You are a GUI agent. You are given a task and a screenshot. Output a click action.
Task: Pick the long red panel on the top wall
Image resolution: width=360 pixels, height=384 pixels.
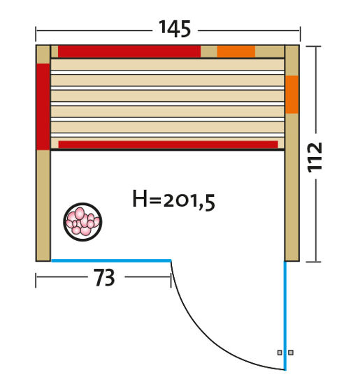(129, 52)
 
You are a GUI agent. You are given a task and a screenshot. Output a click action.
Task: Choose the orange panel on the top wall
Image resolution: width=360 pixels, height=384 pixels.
(236, 52)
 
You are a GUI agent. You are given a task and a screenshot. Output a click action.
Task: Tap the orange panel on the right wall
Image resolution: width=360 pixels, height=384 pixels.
(291, 94)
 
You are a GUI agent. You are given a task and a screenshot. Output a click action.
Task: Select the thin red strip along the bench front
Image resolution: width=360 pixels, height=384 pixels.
(168, 145)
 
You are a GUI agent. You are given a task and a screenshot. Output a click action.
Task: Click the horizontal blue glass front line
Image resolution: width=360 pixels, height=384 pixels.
(112, 260)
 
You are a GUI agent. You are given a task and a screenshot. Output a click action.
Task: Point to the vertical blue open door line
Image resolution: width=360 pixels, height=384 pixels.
(285, 314)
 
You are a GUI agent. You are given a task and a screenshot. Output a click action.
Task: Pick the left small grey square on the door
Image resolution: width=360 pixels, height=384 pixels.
(280, 353)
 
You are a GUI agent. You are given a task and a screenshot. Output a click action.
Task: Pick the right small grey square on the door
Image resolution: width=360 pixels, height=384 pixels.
(291, 353)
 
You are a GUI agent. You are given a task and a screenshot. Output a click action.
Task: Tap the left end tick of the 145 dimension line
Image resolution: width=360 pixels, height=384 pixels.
(36, 31)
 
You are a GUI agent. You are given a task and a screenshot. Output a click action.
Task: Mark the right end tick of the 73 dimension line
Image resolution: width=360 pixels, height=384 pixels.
(170, 279)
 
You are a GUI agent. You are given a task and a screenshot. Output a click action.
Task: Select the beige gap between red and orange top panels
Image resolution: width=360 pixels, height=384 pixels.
(208, 52)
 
